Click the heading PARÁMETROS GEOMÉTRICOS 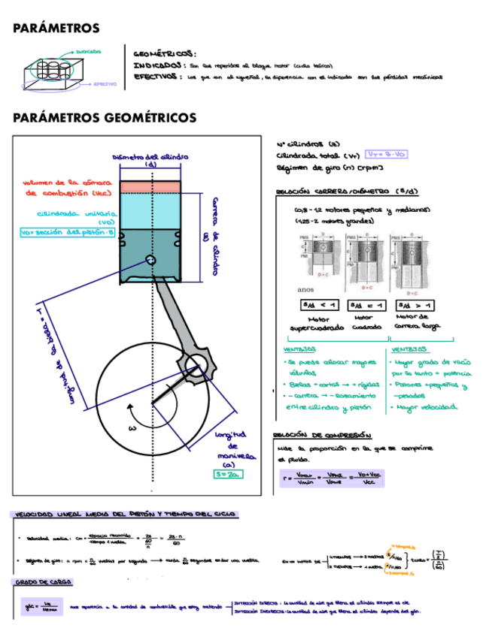pos(105,118)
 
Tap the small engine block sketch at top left pos(53,72)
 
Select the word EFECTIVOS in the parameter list pos(156,77)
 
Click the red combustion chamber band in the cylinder pos(151,185)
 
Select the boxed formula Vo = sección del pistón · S pos(68,232)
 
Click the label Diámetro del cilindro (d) pos(150,160)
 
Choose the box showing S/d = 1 pos(365,305)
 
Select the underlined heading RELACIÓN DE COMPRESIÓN pos(322,435)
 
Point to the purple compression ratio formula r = pos(330,478)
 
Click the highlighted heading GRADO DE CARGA pos(38,582)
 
